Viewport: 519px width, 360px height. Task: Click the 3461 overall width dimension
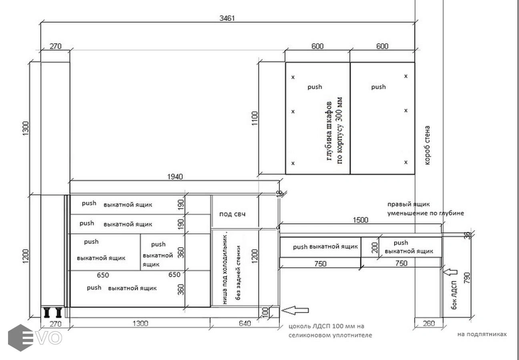pos(227,18)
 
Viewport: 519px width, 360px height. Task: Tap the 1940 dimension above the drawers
pos(175,177)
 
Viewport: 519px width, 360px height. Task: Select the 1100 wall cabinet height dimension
pos(254,118)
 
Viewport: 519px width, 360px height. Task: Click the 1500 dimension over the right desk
pos(360,220)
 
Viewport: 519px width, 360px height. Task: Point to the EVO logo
pos(35,338)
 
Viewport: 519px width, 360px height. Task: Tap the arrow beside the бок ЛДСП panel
pos(450,272)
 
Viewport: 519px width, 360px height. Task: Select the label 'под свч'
pos(232,214)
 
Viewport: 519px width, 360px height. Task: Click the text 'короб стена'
pos(427,145)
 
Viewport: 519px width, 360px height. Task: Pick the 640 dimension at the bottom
pos(244,323)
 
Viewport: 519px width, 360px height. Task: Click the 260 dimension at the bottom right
pos(429,323)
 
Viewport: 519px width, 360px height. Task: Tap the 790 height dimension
pos(467,278)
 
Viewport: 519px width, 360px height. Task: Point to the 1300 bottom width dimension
pos(140,323)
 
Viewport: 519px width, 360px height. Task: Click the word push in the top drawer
pos(89,203)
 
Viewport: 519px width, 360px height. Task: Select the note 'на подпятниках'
pos(482,334)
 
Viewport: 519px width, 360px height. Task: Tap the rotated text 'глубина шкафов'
pos(329,131)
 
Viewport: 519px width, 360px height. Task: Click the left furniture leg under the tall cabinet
pos(47,312)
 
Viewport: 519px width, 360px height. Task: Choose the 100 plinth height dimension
pos(266,312)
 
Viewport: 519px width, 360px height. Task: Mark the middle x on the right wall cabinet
pos(406,110)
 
